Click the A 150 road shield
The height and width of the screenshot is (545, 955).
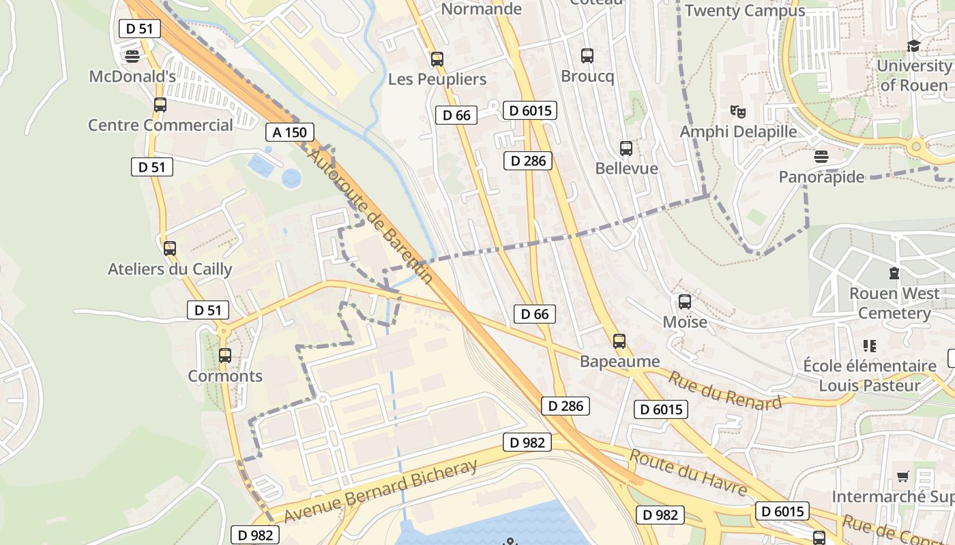pos(290,132)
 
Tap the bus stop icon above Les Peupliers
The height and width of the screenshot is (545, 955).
pos(437,59)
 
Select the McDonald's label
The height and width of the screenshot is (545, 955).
pos(133,76)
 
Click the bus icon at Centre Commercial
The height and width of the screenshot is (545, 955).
pos(160,105)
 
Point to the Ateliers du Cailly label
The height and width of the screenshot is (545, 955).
pos(170,269)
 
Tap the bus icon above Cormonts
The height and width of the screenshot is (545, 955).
pos(225,355)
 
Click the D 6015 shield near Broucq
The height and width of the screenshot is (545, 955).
pos(530,110)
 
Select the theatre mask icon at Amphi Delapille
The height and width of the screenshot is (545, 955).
pos(737,110)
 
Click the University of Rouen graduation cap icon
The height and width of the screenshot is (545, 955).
pos(913,46)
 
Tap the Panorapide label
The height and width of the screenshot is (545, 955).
pos(821,177)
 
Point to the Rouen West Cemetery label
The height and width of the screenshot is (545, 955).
pos(894,303)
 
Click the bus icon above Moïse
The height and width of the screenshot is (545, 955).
pos(685,301)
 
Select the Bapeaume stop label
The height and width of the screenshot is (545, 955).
pos(619,361)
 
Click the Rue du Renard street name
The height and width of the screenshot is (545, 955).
pos(724,390)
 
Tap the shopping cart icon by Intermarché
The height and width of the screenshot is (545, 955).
pos(903,476)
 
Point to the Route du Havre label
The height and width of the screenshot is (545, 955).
pos(688,472)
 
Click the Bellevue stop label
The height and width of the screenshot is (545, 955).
pos(626,168)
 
